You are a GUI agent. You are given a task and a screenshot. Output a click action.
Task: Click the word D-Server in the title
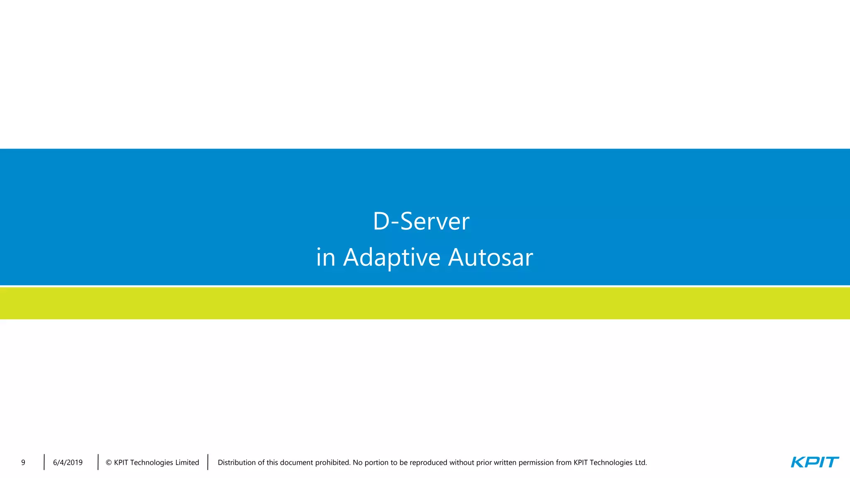(421, 221)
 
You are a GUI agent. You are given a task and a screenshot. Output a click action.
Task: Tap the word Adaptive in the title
(391, 257)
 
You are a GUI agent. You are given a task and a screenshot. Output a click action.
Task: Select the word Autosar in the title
(490, 257)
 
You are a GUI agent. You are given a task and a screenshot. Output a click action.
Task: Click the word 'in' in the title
(325, 257)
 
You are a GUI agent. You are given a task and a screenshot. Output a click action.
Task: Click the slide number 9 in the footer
(23, 463)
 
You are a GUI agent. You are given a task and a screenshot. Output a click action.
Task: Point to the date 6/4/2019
(68, 463)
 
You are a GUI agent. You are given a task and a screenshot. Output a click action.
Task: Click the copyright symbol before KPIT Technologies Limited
(108, 463)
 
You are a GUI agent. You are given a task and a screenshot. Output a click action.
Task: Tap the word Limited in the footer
(187, 463)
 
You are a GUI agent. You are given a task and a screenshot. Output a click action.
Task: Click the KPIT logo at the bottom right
(814, 462)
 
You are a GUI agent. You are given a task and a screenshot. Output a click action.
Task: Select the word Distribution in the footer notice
(236, 463)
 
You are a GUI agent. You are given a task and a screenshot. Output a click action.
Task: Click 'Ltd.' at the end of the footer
(641, 463)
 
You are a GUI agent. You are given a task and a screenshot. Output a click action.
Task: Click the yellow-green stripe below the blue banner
(425, 303)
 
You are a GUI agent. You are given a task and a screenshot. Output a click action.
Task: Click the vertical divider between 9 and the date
(44, 462)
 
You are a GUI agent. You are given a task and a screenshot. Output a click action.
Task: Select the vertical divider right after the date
(98, 462)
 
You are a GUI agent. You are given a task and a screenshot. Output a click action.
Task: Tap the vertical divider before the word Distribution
(208, 462)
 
